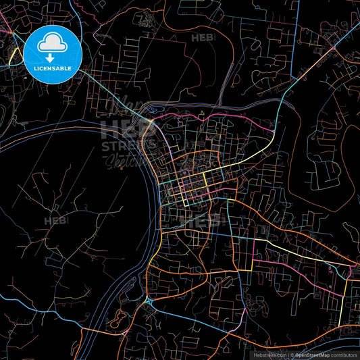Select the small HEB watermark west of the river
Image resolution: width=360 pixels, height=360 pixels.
coord(56,220)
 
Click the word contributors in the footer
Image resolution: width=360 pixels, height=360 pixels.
coord(344,354)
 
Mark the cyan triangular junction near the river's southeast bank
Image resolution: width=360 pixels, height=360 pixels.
coord(148,299)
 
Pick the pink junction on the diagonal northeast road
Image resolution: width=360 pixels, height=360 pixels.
coord(334,49)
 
